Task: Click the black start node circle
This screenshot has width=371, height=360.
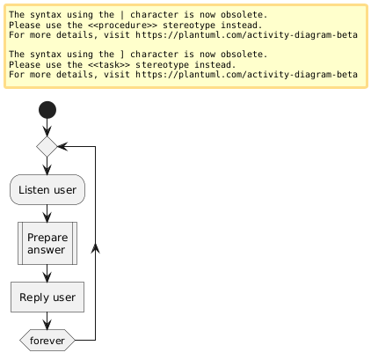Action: pos(47,110)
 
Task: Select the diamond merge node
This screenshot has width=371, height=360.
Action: pos(47,146)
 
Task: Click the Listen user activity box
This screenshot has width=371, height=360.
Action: pos(47,189)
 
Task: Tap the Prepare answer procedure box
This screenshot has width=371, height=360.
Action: pos(47,243)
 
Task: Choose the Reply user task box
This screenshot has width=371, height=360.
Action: pos(47,297)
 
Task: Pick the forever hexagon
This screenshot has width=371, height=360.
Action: pos(47,341)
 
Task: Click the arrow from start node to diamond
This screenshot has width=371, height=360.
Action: pos(47,128)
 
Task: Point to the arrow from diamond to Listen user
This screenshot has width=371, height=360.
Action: pos(47,165)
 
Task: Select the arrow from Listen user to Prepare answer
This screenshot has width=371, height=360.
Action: pos(47,213)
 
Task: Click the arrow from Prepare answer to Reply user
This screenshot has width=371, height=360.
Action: pos(47,274)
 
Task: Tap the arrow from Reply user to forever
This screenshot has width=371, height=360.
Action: pos(47,320)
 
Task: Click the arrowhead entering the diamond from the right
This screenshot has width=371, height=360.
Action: pos(62,146)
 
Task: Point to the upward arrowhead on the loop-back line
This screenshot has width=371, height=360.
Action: pos(96,248)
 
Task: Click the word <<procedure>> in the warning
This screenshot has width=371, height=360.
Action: pos(122,25)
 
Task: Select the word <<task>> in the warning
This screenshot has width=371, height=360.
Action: pos(109,64)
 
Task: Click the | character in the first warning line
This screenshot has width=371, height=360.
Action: pos(122,15)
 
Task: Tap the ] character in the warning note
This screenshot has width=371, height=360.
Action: pos(122,55)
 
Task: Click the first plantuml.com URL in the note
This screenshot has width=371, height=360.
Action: pos(246,35)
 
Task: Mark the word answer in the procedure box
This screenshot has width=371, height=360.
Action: pos(46,250)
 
